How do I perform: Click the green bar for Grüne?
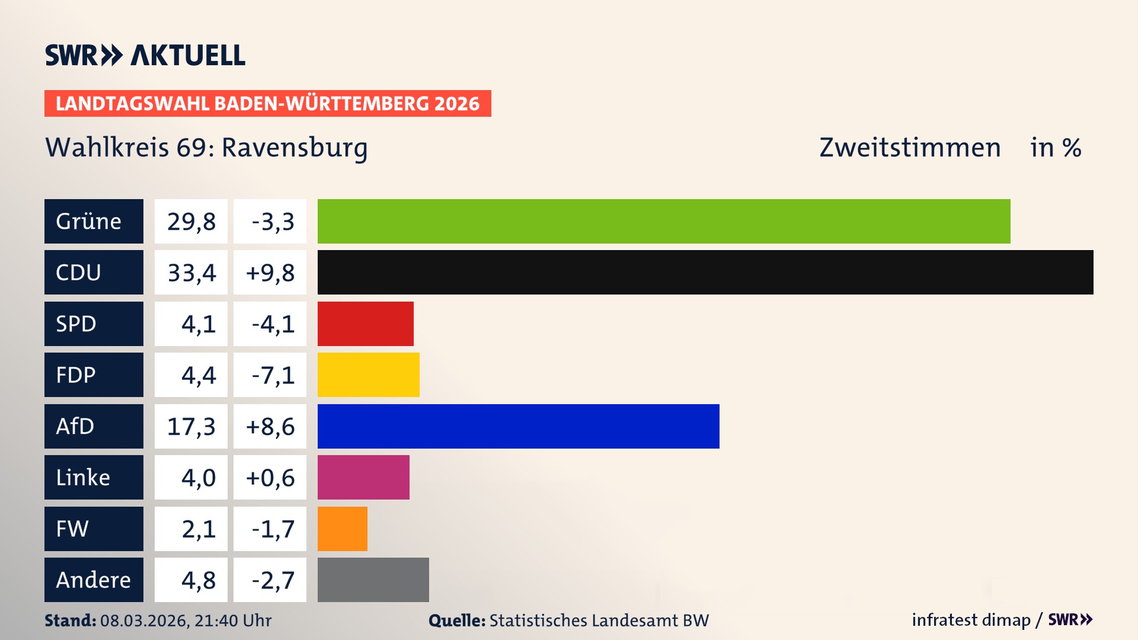(x=664, y=221)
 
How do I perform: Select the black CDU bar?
(x=705, y=273)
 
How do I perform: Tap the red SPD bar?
(x=366, y=324)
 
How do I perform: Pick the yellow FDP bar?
(x=369, y=375)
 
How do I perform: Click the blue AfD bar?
(x=519, y=426)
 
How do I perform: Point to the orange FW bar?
(x=343, y=529)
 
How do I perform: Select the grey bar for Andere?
(x=373, y=580)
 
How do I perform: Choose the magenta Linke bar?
(x=363, y=478)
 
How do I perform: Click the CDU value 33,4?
(x=191, y=273)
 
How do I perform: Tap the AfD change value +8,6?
(x=270, y=426)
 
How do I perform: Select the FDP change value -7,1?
(x=273, y=375)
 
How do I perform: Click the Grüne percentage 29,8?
(x=191, y=221)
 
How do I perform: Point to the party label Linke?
(x=83, y=478)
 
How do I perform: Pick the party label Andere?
(x=93, y=580)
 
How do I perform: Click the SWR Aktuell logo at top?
(x=145, y=55)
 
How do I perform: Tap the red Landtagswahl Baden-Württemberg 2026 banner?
(x=267, y=104)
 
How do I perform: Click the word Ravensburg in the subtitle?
(x=295, y=148)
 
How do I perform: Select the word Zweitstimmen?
(x=910, y=148)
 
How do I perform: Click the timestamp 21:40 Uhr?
(x=233, y=620)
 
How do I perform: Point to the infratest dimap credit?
(x=971, y=620)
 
